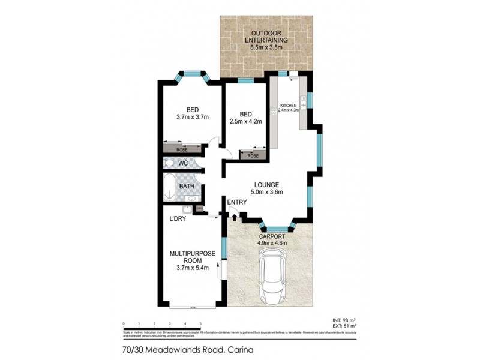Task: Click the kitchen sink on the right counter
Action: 304,100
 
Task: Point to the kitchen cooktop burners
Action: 274,110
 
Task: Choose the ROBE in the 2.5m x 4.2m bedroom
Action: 253,155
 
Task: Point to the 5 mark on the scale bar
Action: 200,323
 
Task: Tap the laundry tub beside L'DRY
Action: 187,209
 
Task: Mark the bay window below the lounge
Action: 277,228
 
